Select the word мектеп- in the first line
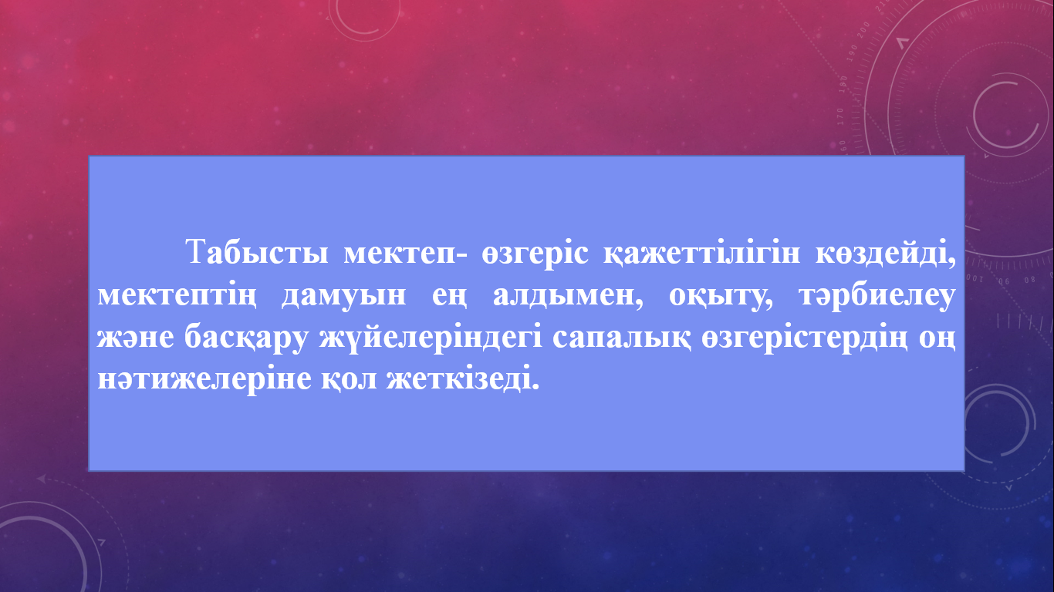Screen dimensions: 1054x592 [406, 254]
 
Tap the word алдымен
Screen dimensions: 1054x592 [568, 296]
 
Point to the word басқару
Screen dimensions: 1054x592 [246, 338]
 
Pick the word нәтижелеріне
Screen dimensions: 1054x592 [204, 380]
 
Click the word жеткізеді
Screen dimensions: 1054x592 [463, 378]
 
